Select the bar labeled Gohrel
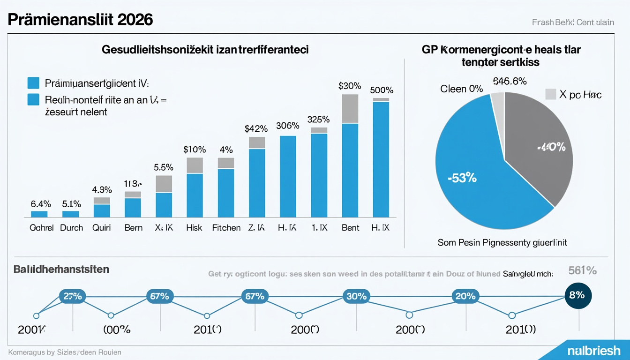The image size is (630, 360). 39,214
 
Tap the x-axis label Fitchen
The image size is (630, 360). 226,228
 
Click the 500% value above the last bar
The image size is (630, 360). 381,90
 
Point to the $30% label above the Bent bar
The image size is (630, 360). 350,86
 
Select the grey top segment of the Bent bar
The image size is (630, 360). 350,109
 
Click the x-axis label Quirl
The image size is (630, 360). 102,228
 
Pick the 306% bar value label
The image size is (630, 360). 287,126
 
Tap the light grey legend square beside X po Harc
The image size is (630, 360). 551,94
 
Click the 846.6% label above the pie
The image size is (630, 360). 510,82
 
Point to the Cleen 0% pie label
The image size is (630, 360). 461,89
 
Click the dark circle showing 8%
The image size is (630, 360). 578,296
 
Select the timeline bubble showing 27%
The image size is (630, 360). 73,296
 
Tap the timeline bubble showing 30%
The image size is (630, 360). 357,296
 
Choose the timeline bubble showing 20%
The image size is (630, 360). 465,296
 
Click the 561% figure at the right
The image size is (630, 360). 582,270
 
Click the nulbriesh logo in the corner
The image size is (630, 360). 593,351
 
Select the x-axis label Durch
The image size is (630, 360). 71,228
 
